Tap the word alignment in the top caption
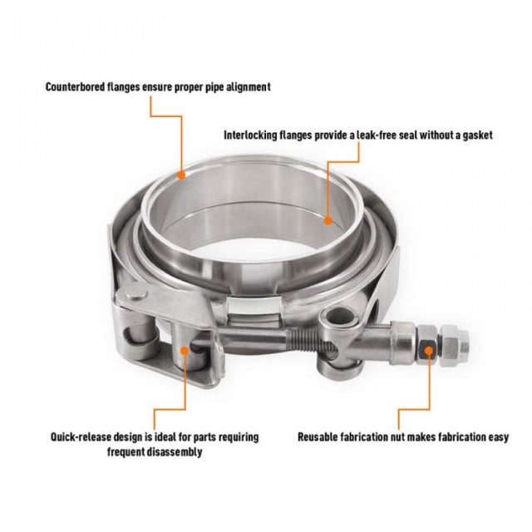click(x=243, y=86)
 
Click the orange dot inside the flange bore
click(x=328, y=220)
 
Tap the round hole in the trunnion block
click(x=336, y=316)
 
